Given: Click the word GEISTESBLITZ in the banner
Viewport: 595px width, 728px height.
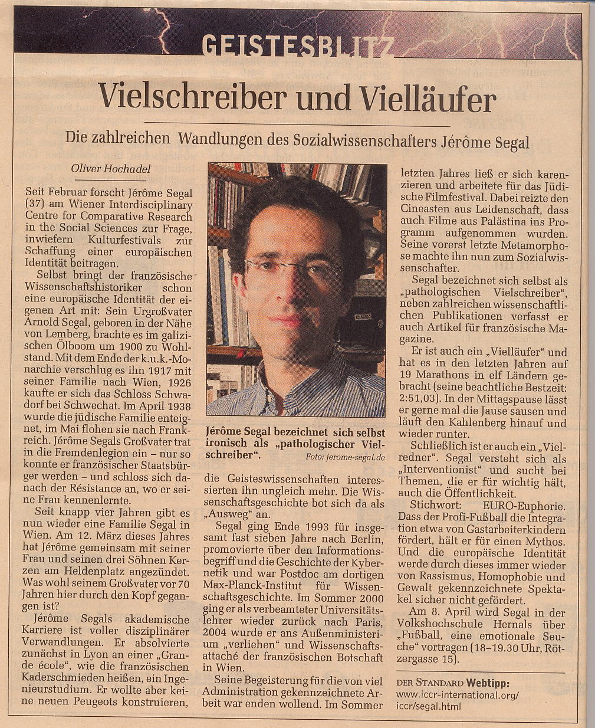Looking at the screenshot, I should pyautogui.click(x=297, y=45).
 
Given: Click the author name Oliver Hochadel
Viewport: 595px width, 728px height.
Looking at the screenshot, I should pyautogui.click(x=110, y=169).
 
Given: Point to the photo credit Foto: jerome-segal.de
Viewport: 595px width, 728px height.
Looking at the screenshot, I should pyautogui.click(x=345, y=457).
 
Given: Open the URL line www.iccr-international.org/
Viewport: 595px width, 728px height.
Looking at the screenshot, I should pyautogui.click(x=457, y=695).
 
